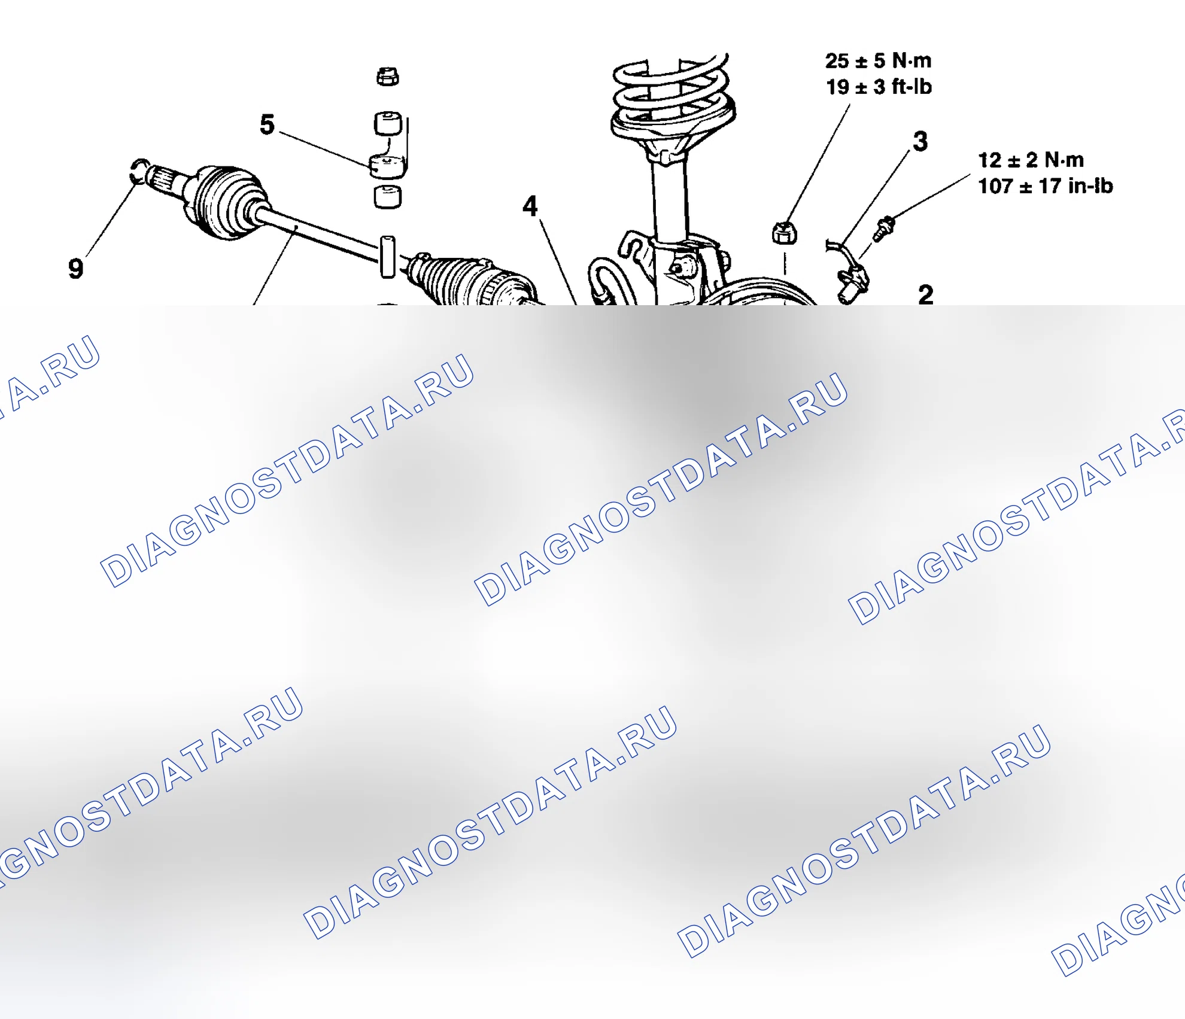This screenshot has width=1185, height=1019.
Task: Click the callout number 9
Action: (75, 268)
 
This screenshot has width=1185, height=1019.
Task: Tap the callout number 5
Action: (267, 124)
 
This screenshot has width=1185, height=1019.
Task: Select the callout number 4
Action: (530, 206)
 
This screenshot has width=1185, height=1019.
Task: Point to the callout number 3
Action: (920, 141)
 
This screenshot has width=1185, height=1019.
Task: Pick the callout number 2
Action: (925, 294)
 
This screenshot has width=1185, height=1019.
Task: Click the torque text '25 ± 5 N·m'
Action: (878, 60)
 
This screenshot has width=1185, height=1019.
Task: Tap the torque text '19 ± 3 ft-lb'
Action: (879, 87)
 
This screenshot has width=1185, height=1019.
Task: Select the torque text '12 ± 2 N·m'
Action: (1031, 160)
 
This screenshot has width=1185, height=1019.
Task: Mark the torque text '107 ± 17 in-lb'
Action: (1045, 186)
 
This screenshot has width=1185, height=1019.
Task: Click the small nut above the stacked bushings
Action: (388, 77)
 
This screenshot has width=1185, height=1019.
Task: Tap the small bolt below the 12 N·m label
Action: (884, 229)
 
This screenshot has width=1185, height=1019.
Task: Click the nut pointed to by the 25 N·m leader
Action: (784, 233)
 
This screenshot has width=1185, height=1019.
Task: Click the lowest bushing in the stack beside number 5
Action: (388, 197)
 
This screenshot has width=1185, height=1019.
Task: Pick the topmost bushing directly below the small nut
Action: (388, 123)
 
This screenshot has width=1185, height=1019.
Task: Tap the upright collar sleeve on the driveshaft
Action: (388, 257)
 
